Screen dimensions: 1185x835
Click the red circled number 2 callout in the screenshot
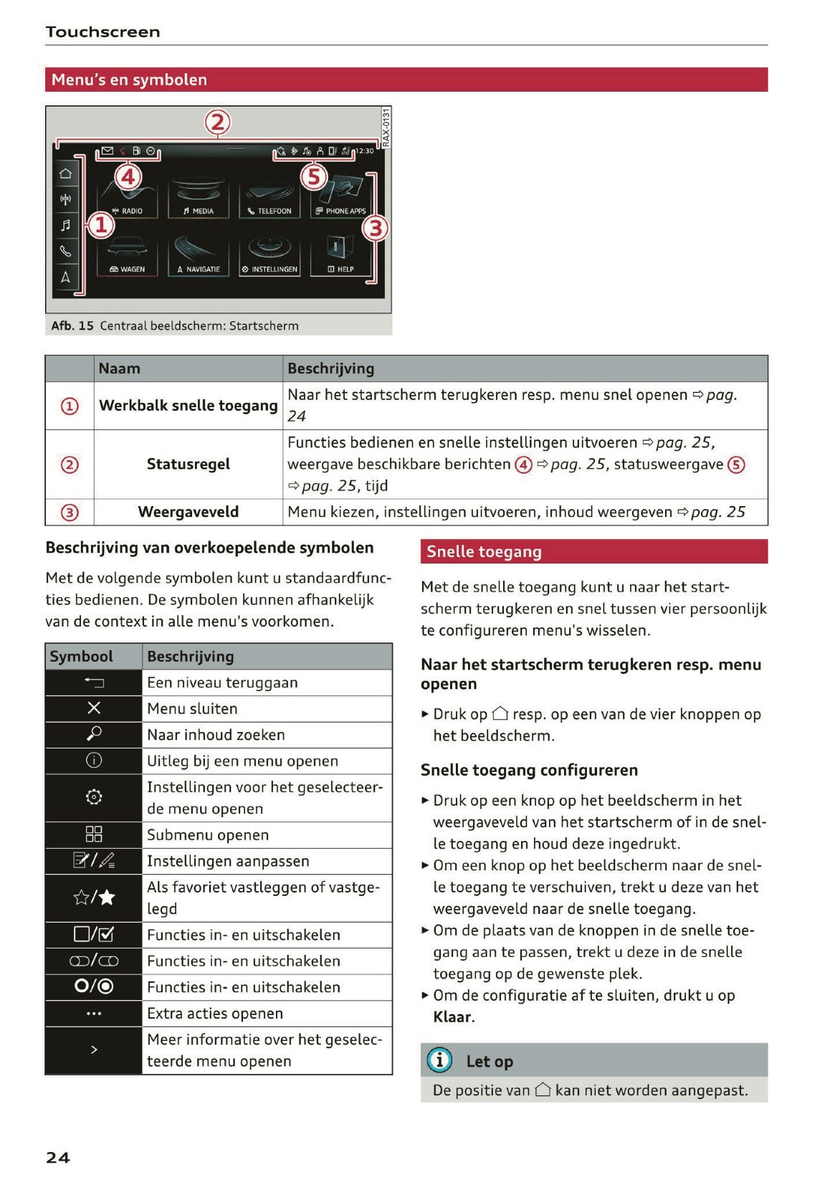(x=218, y=123)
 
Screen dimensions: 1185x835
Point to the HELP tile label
(x=341, y=270)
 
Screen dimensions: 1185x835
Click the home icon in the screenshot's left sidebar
(x=65, y=173)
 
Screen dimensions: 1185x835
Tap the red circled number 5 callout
(x=314, y=176)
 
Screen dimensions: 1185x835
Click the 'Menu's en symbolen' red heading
(x=129, y=80)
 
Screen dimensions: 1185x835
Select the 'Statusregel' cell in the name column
(x=188, y=465)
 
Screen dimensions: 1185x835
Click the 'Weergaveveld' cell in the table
(x=188, y=512)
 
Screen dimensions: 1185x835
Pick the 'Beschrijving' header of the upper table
(x=330, y=368)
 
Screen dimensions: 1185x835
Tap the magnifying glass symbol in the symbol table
(x=94, y=734)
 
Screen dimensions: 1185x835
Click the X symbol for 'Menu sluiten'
(x=94, y=708)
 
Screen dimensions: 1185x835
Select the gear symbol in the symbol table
(x=94, y=797)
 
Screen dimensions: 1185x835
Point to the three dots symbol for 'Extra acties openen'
(x=94, y=1014)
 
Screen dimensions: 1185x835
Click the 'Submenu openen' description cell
(x=208, y=835)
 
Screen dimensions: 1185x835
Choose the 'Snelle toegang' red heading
(x=484, y=551)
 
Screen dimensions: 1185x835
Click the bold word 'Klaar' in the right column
(x=452, y=1017)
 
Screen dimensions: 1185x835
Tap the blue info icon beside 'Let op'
(x=439, y=1060)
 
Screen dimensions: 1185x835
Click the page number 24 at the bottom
(x=58, y=1157)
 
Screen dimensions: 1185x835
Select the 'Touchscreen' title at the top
(x=102, y=32)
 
